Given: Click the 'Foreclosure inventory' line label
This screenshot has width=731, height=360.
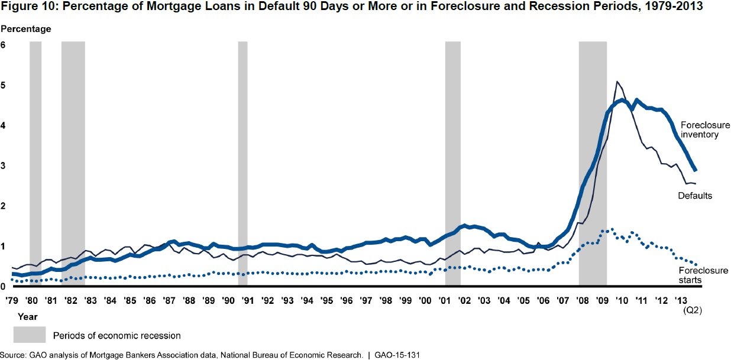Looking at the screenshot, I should (x=705, y=130).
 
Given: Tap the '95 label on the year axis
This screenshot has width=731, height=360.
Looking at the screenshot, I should (x=326, y=301).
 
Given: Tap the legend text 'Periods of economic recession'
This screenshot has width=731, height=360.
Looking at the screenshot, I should (x=117, y=335).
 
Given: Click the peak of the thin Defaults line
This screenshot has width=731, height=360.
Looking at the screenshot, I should (x=617, y=82).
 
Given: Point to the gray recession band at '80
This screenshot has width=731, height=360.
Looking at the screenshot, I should (x=35, y=166).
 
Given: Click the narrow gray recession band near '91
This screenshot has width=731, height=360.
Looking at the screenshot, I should (x=242, y=166).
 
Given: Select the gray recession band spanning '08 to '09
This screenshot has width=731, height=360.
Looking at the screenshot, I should (x=593, y=166).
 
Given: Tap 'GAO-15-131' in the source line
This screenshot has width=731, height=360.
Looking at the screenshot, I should (x=398, y=355).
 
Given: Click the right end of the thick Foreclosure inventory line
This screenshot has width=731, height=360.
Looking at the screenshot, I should (x=696, y=170).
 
